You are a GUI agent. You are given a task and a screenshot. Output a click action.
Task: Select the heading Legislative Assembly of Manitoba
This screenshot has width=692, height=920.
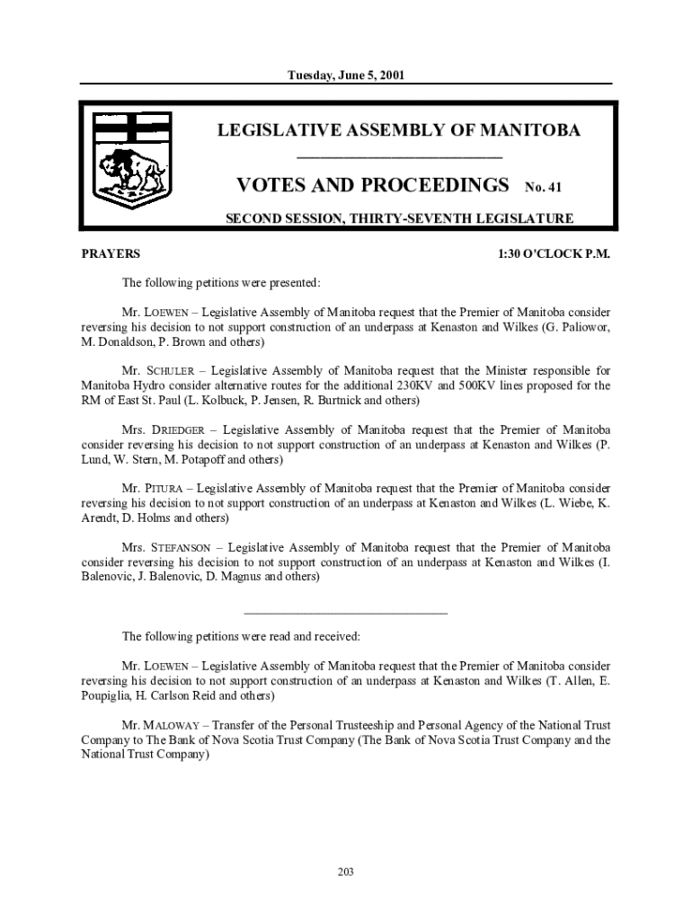click(399, 131)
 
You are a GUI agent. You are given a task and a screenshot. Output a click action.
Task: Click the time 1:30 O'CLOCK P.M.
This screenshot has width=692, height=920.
click(554, 254)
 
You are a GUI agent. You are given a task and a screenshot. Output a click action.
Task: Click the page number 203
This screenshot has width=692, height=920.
click(346, 871)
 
